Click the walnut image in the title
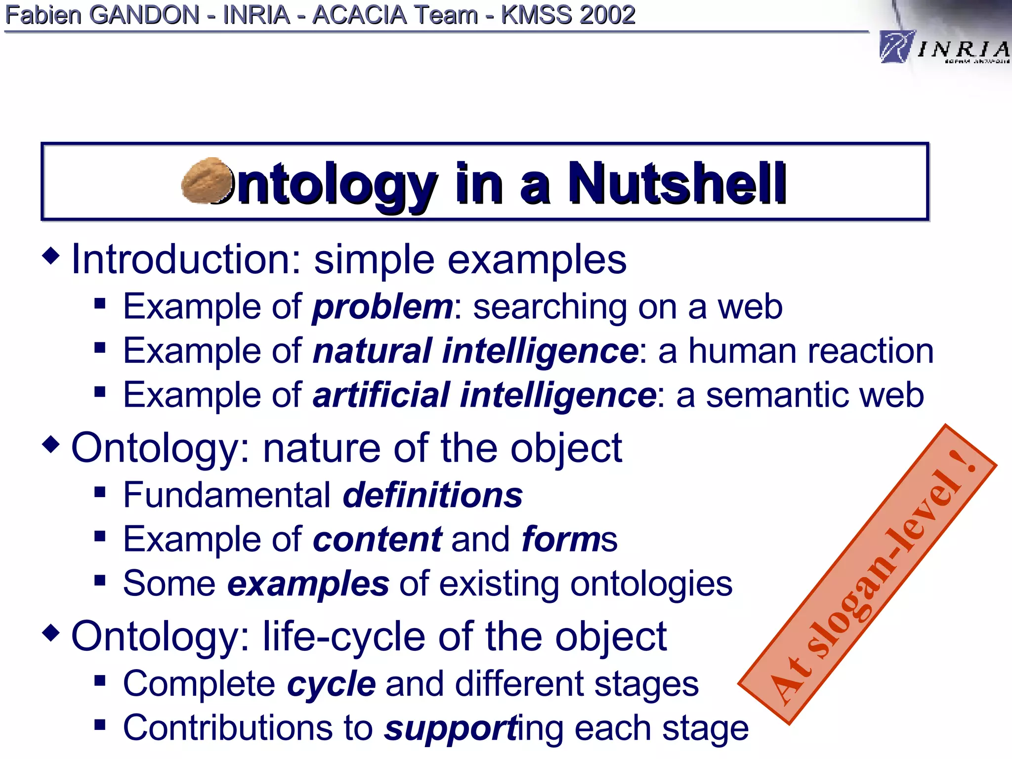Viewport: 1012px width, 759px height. click(x=207, y=181)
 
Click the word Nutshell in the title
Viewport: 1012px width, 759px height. click(x=676, y=184)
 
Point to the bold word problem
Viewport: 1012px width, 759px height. click(x=382, y=307)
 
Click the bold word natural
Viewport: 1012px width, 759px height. click(x=373, y=351)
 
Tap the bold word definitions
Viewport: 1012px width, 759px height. click(x=433, y=495)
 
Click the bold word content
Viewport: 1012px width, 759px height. click(x=378, y=539)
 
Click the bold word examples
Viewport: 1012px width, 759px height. click(x=308, y=584)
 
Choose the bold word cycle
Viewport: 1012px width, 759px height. click(x=332, y=684)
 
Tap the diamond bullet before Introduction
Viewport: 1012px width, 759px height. click(x=51, y=255)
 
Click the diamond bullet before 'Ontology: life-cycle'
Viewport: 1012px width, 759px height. click(x=51, y=632)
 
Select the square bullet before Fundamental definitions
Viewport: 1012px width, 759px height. click(x=100, y=492)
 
